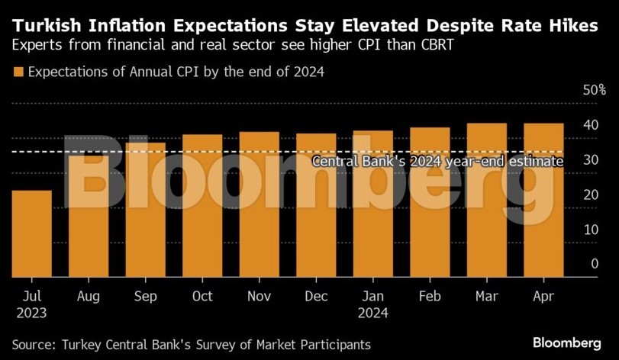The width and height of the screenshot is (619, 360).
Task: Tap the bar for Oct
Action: pyautogui.click(x=202, y=206)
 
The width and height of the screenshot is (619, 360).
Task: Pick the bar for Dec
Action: pyautogui.click(x=316, y=205)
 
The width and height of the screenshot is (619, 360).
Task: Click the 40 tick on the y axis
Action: pyautogui.click(x=590, y=125)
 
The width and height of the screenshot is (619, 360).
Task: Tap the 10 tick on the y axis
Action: pyautogui.click(x=590, y=230)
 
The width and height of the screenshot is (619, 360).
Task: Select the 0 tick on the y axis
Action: pyautogui.click(x=594, y=264)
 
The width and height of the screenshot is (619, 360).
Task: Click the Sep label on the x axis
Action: pyautogui.click(x=145, y=296)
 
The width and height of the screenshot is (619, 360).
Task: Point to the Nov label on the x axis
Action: pyautogui.click(x=259, y=296)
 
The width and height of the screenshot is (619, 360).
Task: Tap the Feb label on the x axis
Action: pyautogui.click(x=430, y=296)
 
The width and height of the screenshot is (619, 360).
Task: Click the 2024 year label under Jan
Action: pyautogui.click(x=372, y=313)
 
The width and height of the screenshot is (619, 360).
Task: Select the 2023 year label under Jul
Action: pyautogui.click(x=31, y=313)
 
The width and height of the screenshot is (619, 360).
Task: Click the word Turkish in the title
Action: pyautogui.click(x=50, y=25)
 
